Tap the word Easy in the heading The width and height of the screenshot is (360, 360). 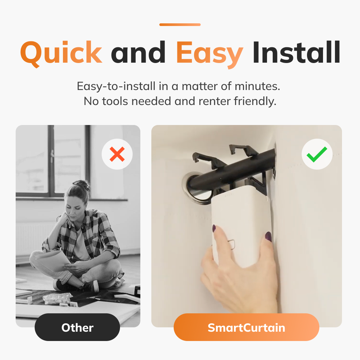pos(210,54)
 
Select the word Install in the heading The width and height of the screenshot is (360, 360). pos(296,52)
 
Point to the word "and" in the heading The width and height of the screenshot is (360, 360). pos(138,52)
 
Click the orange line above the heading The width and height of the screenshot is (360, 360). pos(180,25)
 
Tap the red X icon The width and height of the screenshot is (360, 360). pos(117,154)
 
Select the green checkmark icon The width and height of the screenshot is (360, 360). pos(317,154)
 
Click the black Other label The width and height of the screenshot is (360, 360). pos(77,327)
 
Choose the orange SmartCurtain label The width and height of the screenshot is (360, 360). pos(246,327)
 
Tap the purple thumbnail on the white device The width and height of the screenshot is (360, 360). pos(268,236)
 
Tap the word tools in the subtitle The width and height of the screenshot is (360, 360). pos(115,101)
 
